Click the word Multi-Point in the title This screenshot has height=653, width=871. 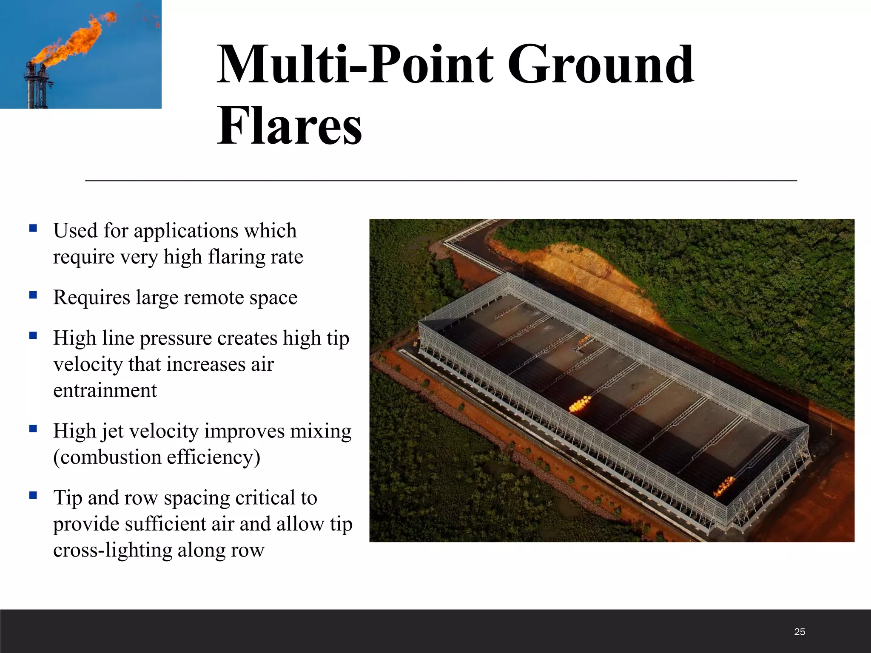click(x=355, y=65)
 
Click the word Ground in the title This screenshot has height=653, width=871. click(x=600, y=65)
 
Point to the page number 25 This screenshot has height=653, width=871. click(x=799, y=632)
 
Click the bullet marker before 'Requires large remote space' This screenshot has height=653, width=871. click(x=33, y=295)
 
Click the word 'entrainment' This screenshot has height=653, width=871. click(x=105, y=390)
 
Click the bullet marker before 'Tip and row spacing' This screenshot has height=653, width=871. click(x=33, y=495)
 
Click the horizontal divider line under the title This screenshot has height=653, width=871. click(x=441, y=181)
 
